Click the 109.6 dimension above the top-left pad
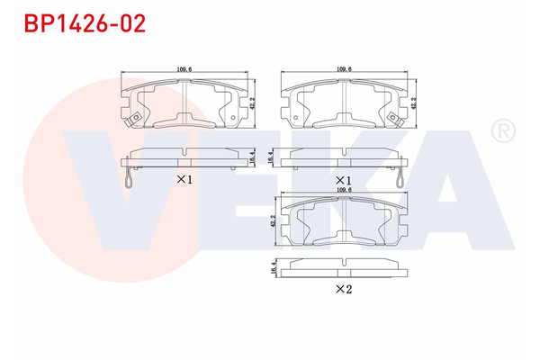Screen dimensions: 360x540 [x=184, y=68]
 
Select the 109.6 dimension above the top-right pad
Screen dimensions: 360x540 [x=343, y=68]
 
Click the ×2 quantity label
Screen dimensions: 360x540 [x=342, y=289]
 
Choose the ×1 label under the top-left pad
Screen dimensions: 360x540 [x=184, y=179]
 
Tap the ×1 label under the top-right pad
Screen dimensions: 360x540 [x=343, y=179]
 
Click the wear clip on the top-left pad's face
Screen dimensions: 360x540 [x=133, y=120]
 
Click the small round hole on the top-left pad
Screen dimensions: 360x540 [x=235, y=114]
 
